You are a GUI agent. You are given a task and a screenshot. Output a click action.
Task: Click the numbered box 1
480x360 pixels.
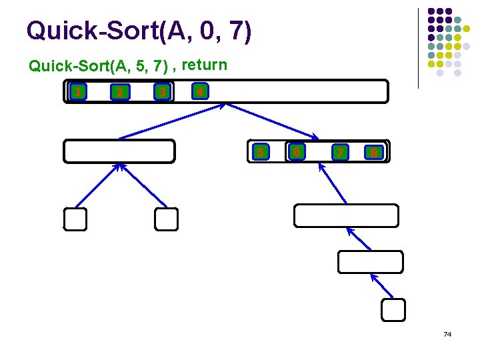tap(78, 92)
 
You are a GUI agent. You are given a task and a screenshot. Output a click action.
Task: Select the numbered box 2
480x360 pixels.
tap(119, 92)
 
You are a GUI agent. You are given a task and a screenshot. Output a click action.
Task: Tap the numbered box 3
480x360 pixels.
tap(161, 92)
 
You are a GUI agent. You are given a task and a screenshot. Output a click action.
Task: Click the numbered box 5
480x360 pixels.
tap(261, 152)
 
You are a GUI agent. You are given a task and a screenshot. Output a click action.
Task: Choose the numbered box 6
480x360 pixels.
tap(297, 152)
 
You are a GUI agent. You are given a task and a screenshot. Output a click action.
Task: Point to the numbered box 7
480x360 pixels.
tap(340, 153)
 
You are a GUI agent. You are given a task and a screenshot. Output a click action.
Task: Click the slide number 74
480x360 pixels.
tap(447, 333)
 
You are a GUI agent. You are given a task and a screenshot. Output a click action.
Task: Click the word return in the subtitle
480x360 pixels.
tap(204, 65)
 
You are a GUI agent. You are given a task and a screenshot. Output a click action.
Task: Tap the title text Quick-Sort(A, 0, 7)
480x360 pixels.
tap(139, 31)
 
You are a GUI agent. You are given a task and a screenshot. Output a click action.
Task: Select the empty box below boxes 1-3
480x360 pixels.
tap(119, 151)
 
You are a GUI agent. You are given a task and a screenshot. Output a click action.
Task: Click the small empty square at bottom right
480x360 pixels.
tap(393, 309)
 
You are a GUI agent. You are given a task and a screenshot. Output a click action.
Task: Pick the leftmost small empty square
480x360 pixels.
tap(75, 219)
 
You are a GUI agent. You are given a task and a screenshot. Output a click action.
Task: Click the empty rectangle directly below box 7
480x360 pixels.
tap(346, 216)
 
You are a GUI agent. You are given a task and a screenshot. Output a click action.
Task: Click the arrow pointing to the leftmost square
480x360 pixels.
tap(97, 186)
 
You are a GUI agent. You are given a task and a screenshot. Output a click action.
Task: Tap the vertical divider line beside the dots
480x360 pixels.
tap(418, 48)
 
